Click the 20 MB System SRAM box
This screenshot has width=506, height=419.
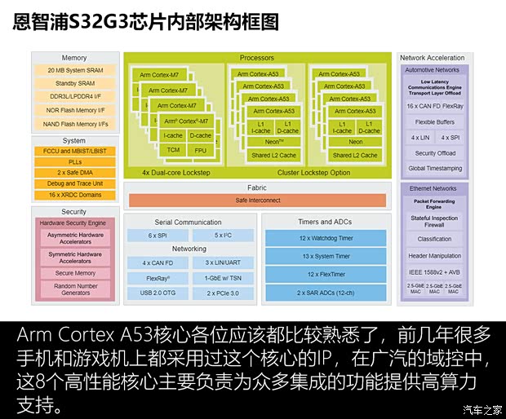73,71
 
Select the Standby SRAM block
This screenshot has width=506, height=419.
73,84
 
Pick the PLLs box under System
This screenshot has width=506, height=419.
73,161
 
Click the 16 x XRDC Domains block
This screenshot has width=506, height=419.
73,194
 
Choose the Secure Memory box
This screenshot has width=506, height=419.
75,273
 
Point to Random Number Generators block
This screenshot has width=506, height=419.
75,289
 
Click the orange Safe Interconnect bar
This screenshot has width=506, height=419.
257,200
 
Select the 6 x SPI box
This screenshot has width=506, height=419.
158,235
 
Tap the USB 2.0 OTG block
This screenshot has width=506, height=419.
158,292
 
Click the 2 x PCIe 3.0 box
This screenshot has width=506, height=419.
223,292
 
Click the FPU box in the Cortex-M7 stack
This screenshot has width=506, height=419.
201,150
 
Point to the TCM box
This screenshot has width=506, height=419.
173,150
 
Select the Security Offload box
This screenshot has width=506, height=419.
435,153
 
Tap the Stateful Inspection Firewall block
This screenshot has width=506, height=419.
435,222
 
